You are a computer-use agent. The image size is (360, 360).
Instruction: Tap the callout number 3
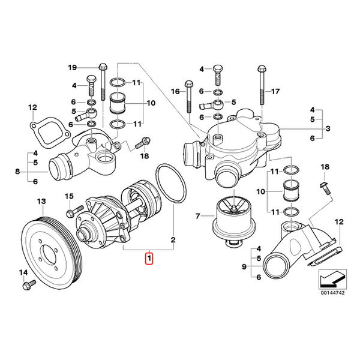329,128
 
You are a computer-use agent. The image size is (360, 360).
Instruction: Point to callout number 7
197,215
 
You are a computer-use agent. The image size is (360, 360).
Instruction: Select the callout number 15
68,196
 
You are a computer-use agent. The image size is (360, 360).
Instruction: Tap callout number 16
176,92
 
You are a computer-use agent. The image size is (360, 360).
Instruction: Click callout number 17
275,92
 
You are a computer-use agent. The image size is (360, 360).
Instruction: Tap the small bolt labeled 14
26,286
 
